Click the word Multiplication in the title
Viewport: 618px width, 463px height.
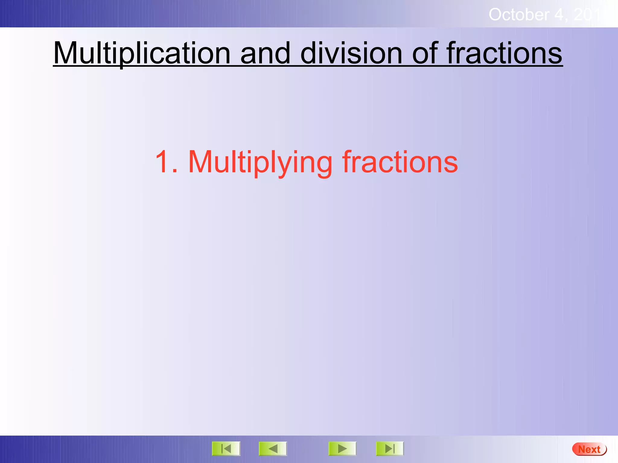[x=142, y=53]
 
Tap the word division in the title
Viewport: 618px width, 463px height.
[x=351, y=53]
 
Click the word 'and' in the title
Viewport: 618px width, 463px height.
[x=265, y=53]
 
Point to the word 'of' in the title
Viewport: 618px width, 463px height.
[x=425, y=53]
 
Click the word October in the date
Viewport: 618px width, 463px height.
[x=519, y=15]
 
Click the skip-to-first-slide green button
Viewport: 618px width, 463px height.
[x=226, y=449]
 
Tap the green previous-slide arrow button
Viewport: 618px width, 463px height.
[x=273, y=449]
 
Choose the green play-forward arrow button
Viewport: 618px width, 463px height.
[x=342, y=449]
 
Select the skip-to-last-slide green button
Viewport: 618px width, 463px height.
[x=390, y=449]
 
